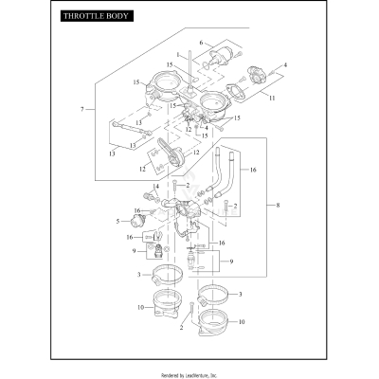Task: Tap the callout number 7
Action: (x=84, y=111)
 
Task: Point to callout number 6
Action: (x=201, y=42)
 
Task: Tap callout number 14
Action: (x=155, y=187)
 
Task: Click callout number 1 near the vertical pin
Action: (x=176, y=56)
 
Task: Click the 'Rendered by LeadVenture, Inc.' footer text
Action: (x=189, y=373)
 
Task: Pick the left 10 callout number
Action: (x=138, y=309)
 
